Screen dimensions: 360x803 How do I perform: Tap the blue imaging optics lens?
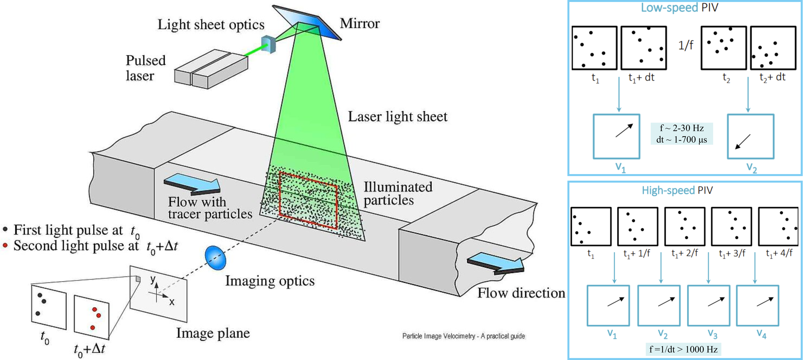pyautogui.click(x=215, y=258)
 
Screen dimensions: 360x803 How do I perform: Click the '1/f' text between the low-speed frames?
pyautogui.click(x=686, y=45)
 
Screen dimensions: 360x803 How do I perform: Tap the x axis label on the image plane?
pyautogui.click(x=171, y=302)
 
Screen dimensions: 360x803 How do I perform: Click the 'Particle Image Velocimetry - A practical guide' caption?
pyautogui.click(x=464, y=336)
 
